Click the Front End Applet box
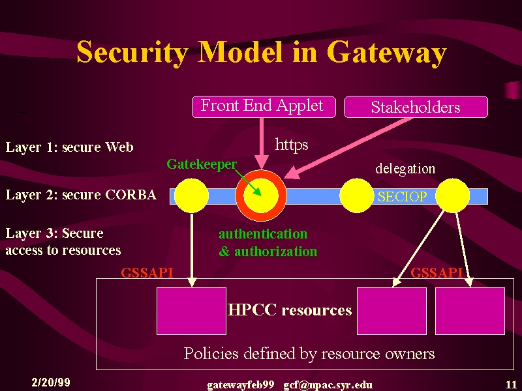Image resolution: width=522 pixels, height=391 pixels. pos(264,107)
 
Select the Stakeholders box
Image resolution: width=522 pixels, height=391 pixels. pos(416,107)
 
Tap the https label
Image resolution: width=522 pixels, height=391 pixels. pos(292,145)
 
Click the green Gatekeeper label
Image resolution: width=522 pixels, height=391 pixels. pos(202,164)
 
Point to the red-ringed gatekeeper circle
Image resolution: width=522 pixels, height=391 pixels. pos(261,195)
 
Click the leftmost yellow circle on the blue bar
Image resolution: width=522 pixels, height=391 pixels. pos(191,195)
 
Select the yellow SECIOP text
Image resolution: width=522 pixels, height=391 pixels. pos(402,197)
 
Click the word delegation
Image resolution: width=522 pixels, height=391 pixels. pos(405,169)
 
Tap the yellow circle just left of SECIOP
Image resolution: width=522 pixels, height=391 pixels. pos(356,195)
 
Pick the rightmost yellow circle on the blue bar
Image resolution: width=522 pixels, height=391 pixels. pos(452,195)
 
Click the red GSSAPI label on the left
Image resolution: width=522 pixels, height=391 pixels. pos(147,273)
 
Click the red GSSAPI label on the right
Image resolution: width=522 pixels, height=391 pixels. pos(437,273)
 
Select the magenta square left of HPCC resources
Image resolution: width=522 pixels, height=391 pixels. pos(191,311)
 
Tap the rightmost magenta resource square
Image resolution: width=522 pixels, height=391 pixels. pos(470,311)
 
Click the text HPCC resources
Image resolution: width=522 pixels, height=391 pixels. pos(290,310)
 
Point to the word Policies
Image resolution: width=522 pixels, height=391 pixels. pos(211,353)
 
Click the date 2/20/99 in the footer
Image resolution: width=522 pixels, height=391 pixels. pos(51,383)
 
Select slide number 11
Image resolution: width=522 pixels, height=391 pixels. pos(511,384)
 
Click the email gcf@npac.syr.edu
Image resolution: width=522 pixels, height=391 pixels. pos(328,385)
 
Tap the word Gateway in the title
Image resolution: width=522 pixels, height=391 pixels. pos(386,53)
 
